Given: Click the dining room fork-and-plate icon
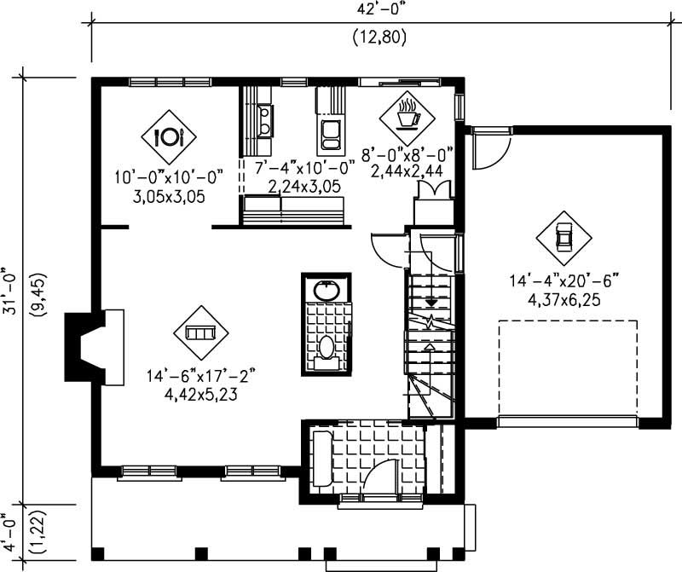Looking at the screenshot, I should pos(168,136).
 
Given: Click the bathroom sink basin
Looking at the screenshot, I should pos(326,290).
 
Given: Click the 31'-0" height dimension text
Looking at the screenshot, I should pos(10,290).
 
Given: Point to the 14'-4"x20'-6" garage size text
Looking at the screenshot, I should pos(564,280).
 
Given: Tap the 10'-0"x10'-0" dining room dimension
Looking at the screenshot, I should pos(169,176).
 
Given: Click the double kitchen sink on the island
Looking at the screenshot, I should pos(331,131).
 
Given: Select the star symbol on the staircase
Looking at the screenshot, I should pos(431,321).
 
